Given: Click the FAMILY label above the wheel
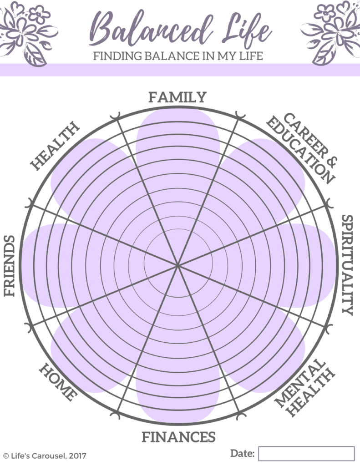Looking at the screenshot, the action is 177,97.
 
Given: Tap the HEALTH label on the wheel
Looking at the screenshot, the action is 55,146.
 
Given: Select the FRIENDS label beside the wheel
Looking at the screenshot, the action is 9,266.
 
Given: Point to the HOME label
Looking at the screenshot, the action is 58,382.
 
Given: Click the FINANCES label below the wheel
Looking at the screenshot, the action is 178,437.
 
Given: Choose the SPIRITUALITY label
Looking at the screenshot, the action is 347,265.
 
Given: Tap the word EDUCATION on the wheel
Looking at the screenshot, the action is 300,150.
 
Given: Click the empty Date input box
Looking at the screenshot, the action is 306,454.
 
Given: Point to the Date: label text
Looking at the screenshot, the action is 242,453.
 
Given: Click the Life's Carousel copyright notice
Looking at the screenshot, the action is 45,456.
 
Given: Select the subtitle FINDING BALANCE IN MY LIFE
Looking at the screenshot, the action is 178,56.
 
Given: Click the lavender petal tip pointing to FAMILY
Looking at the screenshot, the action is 178,109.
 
